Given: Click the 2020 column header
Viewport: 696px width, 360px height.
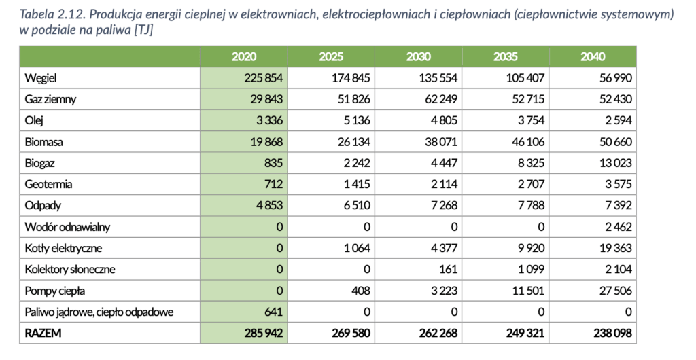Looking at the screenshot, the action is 244,57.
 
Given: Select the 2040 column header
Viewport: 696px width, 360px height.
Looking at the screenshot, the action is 593,57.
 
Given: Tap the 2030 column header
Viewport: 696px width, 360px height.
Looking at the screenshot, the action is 418,57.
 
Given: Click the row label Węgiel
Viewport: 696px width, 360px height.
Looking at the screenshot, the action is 40,79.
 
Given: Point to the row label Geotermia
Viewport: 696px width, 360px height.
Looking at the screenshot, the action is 48,184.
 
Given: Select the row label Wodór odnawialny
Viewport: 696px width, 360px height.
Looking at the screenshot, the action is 67,227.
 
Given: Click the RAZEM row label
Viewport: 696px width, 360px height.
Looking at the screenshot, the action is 43,333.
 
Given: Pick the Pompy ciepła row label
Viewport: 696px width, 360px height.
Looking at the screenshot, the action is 54,291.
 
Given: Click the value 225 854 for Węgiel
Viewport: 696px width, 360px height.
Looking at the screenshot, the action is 263,78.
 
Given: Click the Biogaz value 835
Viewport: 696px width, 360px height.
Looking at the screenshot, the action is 273,163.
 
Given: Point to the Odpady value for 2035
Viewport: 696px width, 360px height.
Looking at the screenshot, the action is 531,205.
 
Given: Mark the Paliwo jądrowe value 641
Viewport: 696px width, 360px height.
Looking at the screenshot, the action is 273,312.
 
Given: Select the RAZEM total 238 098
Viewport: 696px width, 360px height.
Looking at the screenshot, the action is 612,333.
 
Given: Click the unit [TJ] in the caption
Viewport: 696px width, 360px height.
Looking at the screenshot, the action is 143,31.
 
